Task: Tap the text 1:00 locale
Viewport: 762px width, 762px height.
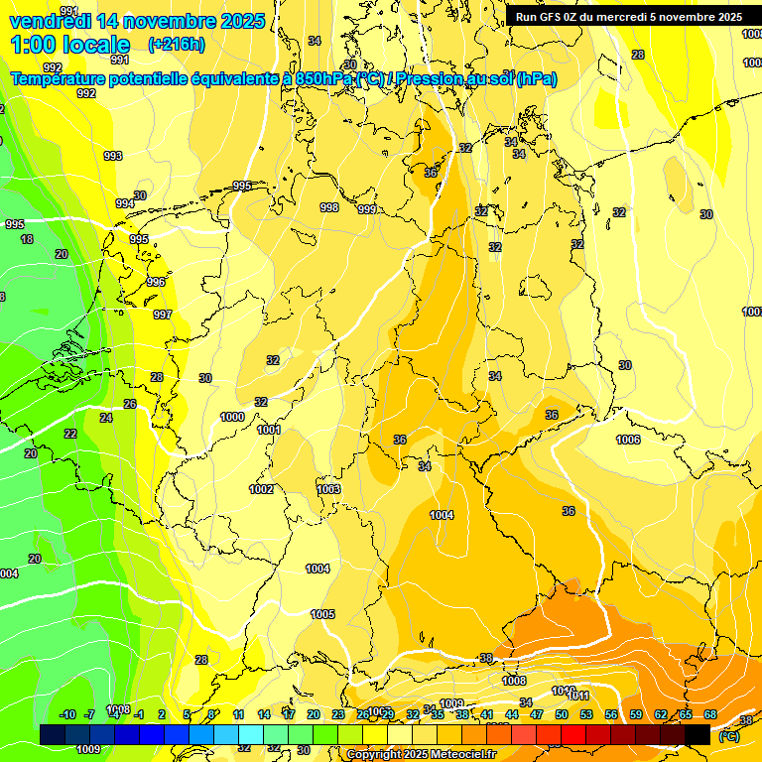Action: click(70, 45)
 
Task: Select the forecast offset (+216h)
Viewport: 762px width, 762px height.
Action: click(176, 45)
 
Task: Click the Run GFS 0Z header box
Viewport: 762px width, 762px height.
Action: click(628, 16)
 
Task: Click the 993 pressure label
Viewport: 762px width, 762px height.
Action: click(113, 156)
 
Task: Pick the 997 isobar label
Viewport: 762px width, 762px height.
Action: click(163, 315)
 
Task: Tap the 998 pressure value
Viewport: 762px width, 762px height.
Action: click(329, 207)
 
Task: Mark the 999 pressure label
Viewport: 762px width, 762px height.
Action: click(367, 209)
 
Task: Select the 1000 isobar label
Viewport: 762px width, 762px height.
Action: click(232, 417)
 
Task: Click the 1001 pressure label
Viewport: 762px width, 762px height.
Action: click(269, 430)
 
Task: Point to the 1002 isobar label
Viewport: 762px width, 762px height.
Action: click(261, 489)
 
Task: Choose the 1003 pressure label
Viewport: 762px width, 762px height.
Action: click(328, 489)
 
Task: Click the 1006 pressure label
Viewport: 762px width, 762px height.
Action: click(628, 440)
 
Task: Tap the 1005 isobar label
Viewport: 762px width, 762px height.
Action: click(322, 614)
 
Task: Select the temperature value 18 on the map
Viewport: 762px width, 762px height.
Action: click(27, 239)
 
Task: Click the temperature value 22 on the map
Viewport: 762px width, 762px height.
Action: click(70, 434)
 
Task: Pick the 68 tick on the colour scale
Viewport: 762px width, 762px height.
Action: click(710, 714)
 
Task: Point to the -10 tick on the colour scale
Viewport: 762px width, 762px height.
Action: click(67, 714)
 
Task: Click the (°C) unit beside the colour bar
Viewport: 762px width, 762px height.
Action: click(728, 736)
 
